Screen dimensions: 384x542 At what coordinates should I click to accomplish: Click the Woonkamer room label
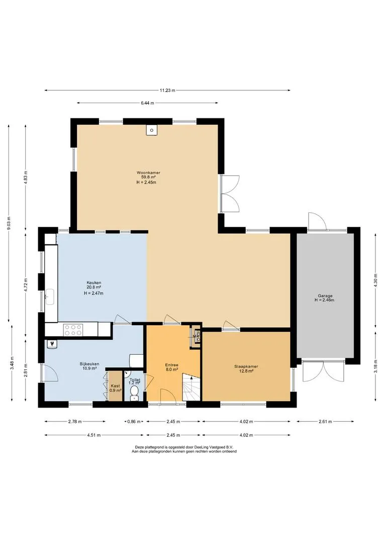pos(148,173)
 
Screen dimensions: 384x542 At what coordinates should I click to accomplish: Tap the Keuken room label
pos(94,283)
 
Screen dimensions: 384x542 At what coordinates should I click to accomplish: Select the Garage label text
pos(325,296)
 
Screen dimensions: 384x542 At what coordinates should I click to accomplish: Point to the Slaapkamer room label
pos(246,366)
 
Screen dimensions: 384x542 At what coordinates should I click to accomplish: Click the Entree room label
pos(172,365)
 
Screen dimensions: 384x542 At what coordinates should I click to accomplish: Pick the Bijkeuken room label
pos(89,364)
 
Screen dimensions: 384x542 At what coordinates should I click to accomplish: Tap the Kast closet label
pos(115,386)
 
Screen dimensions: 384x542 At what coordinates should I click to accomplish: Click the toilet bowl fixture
pos(134,393)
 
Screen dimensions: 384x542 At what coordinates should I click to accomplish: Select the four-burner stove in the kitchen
pos(73,329)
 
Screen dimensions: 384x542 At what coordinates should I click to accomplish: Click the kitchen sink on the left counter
pos(50,297)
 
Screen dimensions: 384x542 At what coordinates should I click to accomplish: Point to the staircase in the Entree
pos(191,387)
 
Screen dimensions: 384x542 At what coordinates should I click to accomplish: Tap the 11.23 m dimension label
pos(167,90)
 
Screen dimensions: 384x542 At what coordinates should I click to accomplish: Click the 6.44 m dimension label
pos(147,103)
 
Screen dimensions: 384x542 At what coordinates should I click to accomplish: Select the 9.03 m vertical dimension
pos(9,225)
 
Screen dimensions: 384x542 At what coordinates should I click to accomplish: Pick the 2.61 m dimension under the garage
pos(325,422)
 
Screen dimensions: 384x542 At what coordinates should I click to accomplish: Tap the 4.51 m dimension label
pos(94,435)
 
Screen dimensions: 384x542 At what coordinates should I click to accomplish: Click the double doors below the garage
pos(323,371)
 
